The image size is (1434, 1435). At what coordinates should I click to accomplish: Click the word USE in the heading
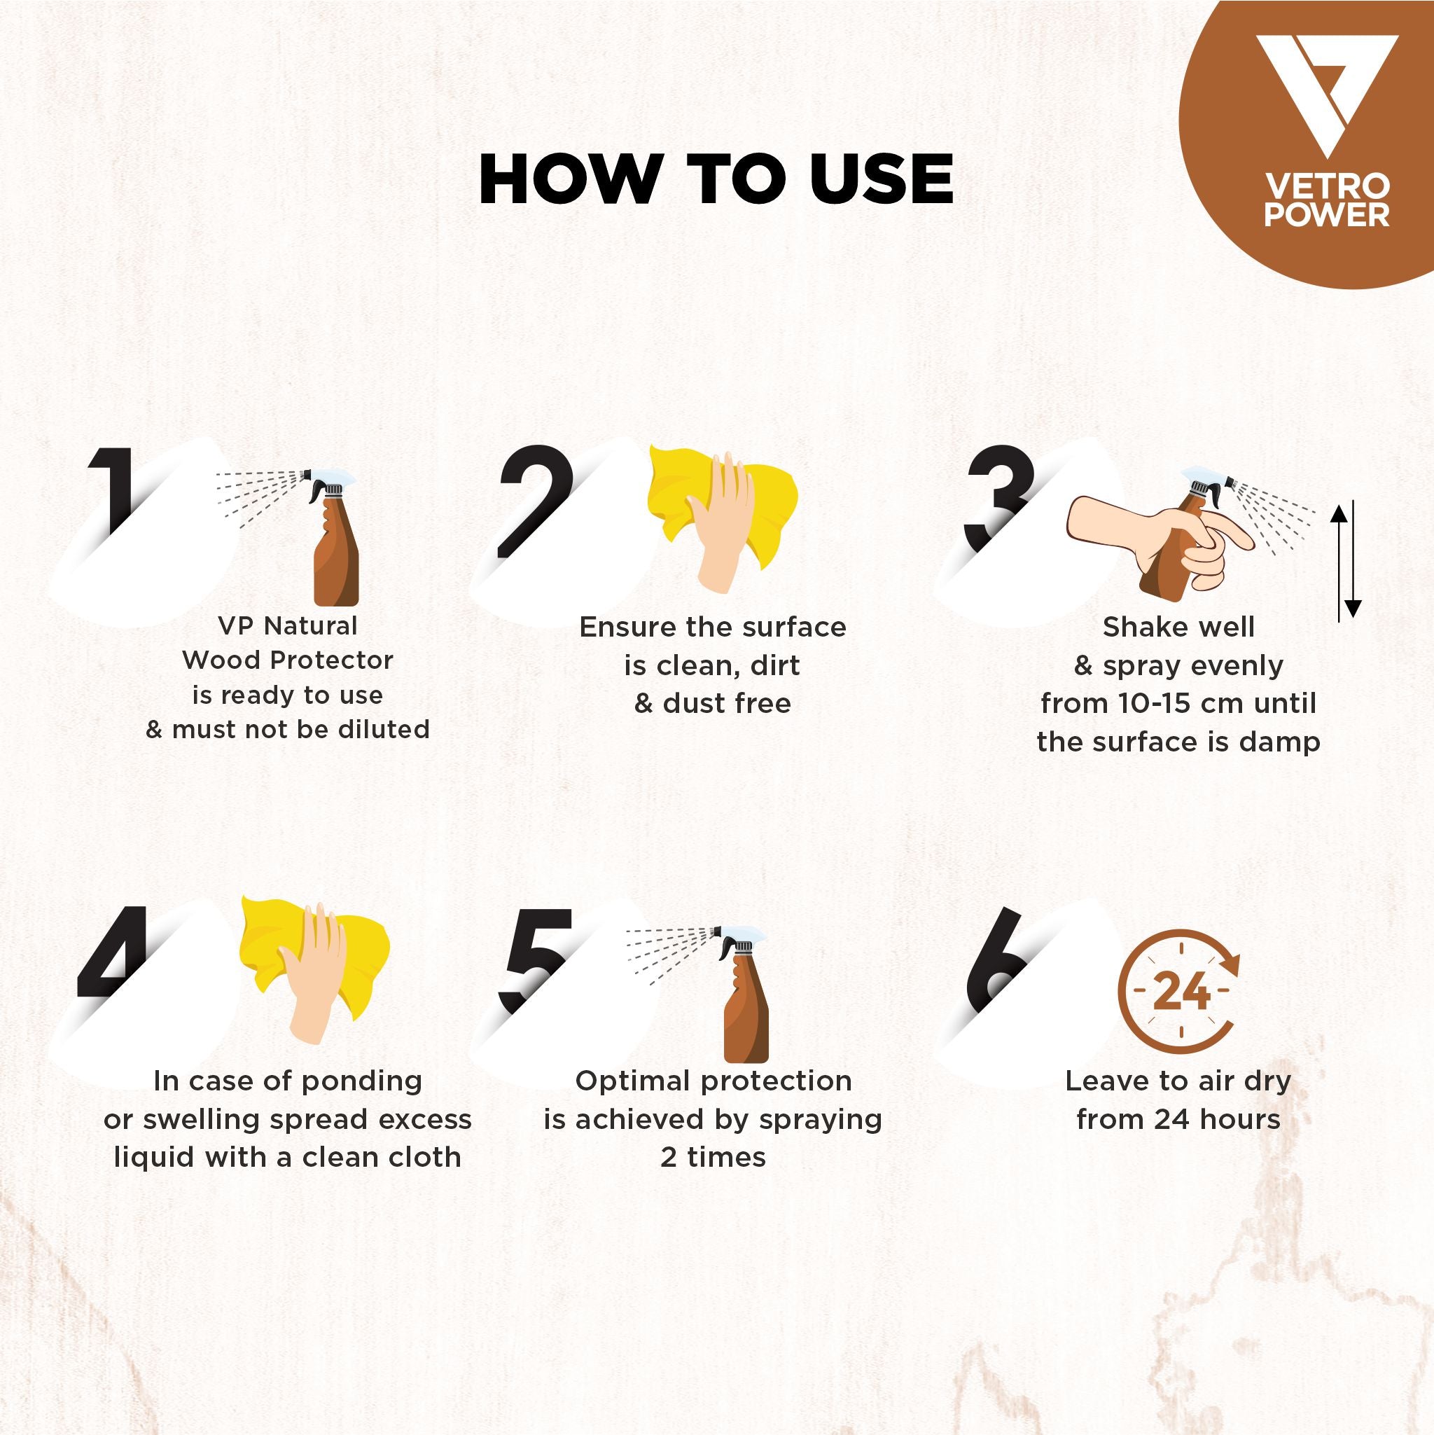(882, 180)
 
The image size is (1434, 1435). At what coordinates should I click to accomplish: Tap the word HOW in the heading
(564, 180)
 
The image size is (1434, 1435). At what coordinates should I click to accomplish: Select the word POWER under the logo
(1326, 215)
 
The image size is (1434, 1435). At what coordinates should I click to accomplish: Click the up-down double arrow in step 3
(1346, 561)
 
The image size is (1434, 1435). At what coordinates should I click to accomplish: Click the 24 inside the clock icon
(1181, 992)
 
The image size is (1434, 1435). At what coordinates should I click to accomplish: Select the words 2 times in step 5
(713, 1158)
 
